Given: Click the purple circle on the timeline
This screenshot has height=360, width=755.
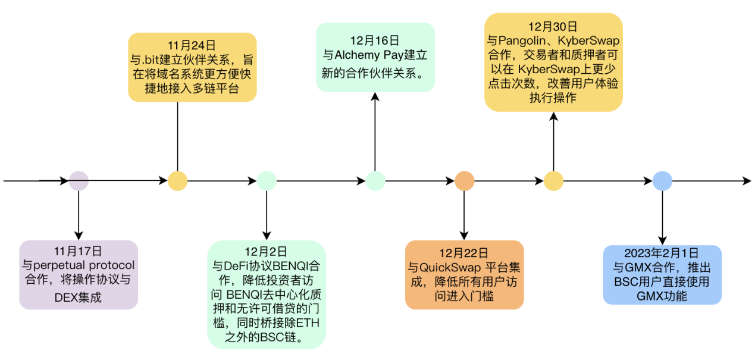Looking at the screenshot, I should (x=79, y=181).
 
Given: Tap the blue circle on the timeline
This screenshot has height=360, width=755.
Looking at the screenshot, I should (x=662, y=181).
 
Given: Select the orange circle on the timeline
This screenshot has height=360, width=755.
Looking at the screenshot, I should (x=464, y=181).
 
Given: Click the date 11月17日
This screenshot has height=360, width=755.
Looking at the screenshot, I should (x=79, y=251).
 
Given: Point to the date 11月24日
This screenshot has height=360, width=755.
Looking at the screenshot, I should (x=192, y=45).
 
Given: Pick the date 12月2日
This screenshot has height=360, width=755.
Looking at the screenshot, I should (x=266, y=251).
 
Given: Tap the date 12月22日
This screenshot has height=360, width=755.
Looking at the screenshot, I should (x=464, y=252).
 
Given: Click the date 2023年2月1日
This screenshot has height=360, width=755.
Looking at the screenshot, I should (x=662, y=252).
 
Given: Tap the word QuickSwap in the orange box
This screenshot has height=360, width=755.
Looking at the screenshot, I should (x=450, y=267).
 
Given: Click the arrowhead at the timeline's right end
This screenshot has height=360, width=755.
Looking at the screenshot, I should (x=747, y=181).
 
